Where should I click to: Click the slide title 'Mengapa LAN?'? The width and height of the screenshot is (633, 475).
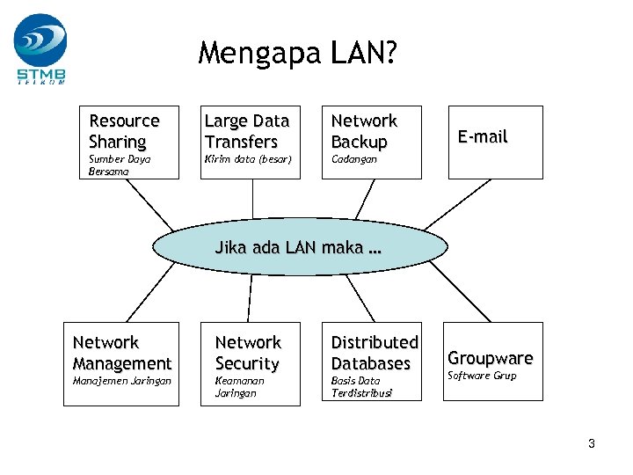click(297, 54)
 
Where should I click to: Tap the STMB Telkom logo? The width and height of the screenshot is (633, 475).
click(40, 48)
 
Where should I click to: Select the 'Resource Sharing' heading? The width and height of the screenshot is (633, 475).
click(124, 131)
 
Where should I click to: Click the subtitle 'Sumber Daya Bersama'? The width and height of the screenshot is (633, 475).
click(120, 165)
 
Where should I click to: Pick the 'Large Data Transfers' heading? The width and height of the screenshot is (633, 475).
click(246, 131)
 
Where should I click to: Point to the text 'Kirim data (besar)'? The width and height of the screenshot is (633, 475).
click(247, 159)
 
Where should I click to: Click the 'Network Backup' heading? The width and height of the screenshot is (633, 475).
click(364, 131)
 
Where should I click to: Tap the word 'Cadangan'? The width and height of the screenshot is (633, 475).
click(353, 159)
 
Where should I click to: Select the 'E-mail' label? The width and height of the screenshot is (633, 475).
click(483, 136)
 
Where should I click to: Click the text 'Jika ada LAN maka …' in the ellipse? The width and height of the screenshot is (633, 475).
click(298, 248)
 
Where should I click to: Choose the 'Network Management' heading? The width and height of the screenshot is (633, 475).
click(122, 353)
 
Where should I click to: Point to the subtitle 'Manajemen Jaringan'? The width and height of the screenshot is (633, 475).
click(122, 381)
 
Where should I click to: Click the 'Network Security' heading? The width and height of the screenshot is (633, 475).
click(248, 353)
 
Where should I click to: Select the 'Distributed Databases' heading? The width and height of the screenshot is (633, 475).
click(375, 353)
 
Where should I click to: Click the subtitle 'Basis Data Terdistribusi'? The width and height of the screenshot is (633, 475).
click(361, 387)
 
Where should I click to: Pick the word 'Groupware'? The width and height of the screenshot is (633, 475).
click(491, 358)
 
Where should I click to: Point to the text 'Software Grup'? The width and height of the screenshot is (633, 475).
click(482, 376)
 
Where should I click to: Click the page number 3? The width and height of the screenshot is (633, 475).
click(592, 444)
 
